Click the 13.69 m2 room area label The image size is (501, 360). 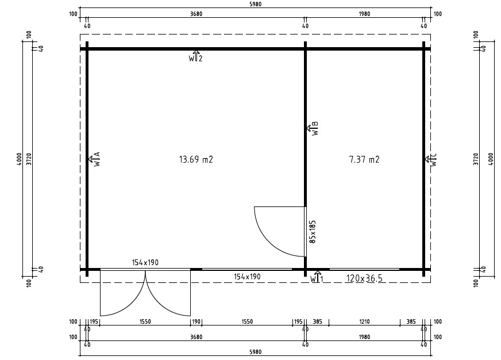point(196,160)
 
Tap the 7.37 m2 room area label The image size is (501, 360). point(364,160)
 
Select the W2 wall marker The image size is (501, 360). point(196,57)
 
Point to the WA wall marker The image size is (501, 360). point(94,159)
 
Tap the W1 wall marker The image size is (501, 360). point(317,278)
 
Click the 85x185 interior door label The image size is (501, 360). point(313,230)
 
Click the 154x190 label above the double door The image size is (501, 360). point(145,262)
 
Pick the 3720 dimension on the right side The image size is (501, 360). point(475,159)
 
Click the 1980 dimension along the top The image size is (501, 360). point(364,14)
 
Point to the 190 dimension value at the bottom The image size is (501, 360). point(196,322)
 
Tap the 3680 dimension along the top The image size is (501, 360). point(196,14)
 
